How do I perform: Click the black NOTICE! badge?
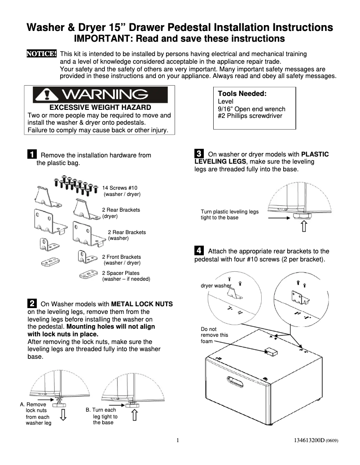(42, 54)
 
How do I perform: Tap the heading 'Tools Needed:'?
(242, 94)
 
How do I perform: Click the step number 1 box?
(32, 155)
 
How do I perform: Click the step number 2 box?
(32, 304)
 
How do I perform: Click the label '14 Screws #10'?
(120, 188)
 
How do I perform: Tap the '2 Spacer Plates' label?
(121, 273)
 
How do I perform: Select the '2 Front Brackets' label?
(121, 257)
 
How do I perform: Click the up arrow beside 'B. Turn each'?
(134, 415)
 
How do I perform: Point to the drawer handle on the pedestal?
(236, 382)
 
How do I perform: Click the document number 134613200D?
(306, 440)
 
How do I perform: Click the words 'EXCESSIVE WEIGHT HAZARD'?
(100, 108)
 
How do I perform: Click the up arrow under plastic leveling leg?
(304, 227)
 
